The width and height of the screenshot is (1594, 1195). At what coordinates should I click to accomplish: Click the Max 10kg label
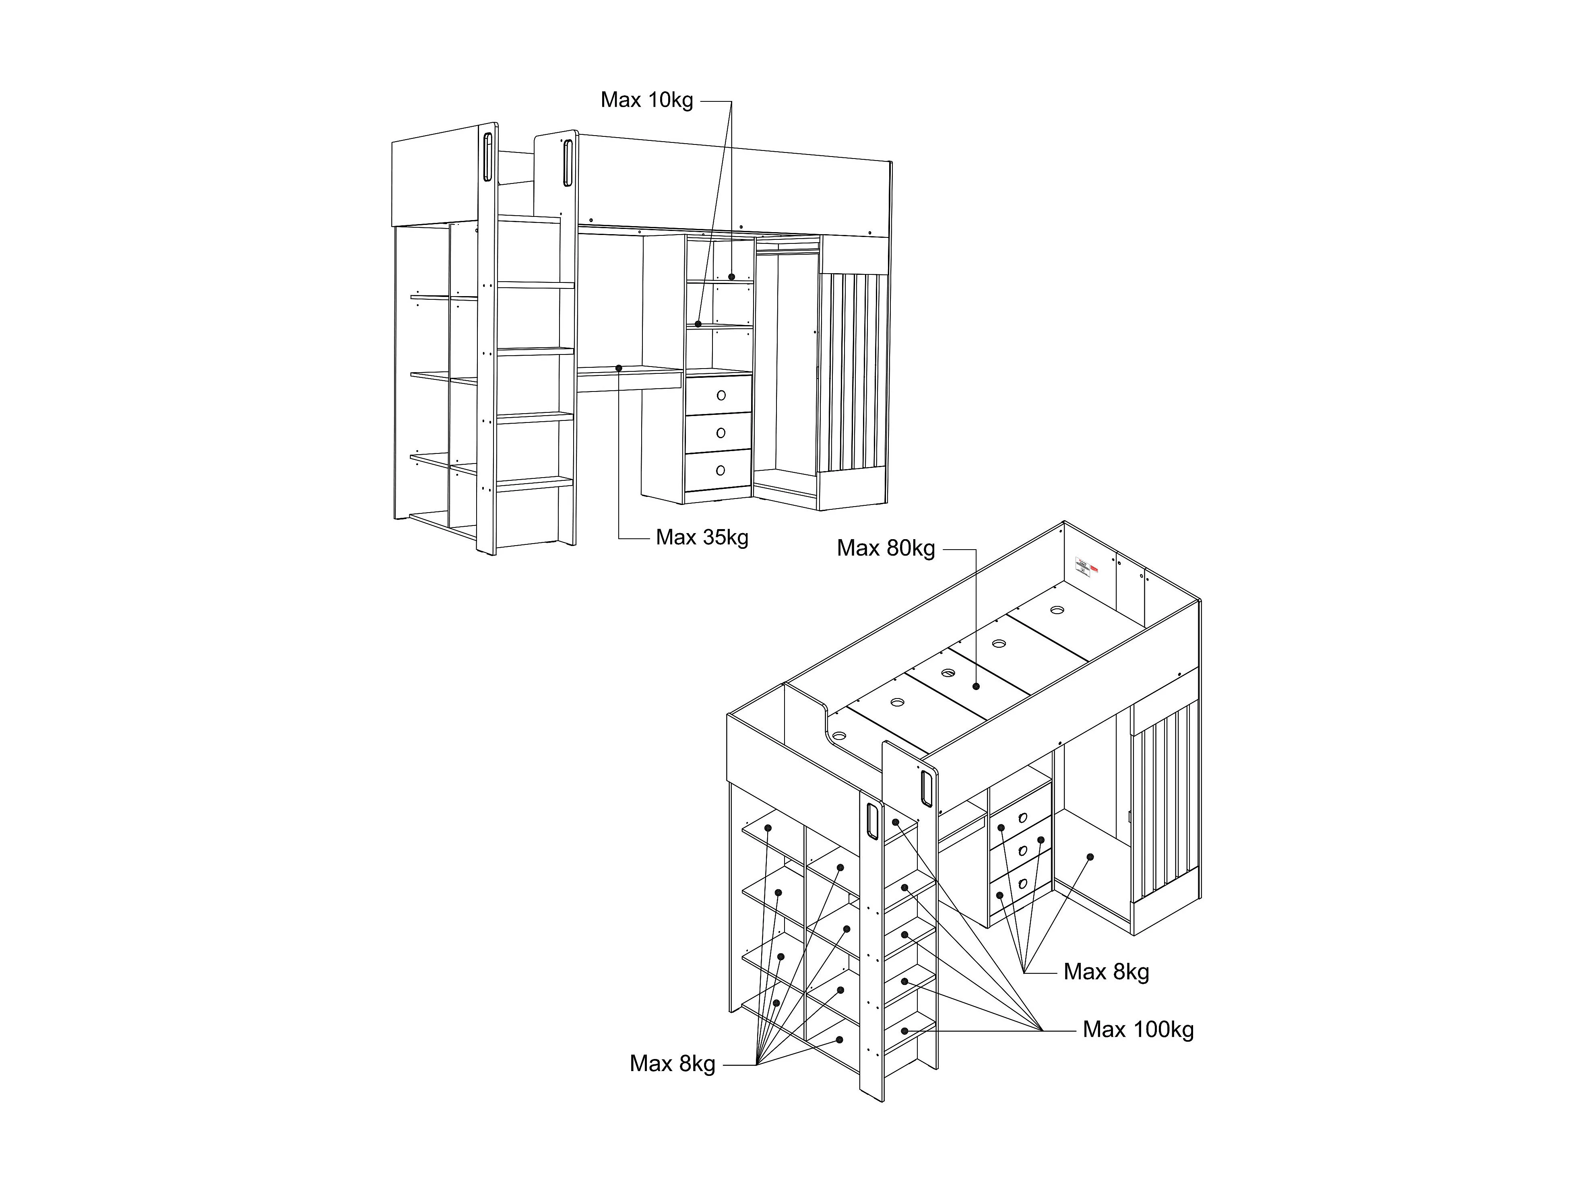click(646, 100)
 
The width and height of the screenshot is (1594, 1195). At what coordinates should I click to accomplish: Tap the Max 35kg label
click(702, 538)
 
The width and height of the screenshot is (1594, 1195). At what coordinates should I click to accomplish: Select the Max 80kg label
click(886, 548)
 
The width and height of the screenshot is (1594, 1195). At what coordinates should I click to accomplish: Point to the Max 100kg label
click(1138, 1029)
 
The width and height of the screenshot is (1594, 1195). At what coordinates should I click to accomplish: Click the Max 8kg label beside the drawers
click(1106, 972)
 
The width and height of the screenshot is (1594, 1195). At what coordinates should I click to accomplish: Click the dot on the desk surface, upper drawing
click(618, 368)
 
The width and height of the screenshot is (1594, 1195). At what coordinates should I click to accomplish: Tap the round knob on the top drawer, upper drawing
click(721, 396)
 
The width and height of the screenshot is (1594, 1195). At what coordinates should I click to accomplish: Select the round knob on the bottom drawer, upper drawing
click(721, 470)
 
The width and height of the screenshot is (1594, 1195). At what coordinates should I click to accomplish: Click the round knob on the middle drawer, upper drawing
click(721, 433)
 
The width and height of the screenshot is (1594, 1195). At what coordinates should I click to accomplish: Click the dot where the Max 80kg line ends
click(976, 686)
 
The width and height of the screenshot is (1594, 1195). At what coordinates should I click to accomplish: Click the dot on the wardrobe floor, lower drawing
click(1090, 857)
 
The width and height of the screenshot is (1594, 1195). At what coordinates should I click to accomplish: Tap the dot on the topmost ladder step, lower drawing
click(896, 822)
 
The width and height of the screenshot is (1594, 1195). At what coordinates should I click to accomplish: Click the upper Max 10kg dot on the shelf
click(731, 276)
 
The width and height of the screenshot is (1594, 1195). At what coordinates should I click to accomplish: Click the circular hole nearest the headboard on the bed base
click(1057, 610)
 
